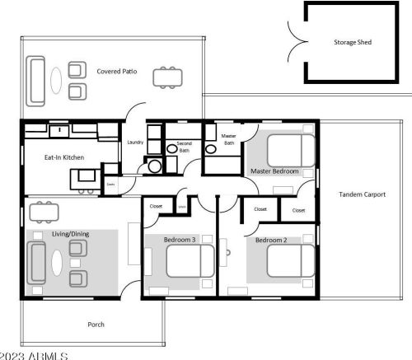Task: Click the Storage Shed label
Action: [x=351, y=41]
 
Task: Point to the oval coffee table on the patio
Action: [x=55, y=80]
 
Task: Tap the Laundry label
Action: [x=135, y=143]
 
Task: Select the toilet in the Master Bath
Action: [x=211, y=149]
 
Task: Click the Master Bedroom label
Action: [x=274, y=171]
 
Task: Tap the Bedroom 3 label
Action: [x=179, y=240]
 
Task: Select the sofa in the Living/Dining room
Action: [x=36, y=263]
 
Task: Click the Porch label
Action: [x=96, y=324]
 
